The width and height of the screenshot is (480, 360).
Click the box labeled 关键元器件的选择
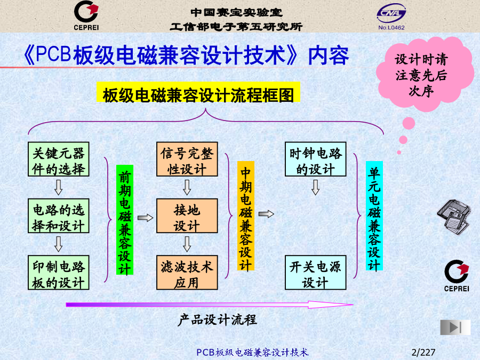click(59, 159)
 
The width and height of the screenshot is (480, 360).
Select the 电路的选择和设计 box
click(59, 216)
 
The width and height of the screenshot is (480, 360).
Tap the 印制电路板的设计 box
click(59, 273)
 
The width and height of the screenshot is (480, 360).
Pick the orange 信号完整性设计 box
click(187, 159)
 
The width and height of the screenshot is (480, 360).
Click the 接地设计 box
click(187, 216)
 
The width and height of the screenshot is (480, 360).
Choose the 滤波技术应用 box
click(187, 273)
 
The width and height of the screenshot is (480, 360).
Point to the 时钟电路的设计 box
click(316, 159)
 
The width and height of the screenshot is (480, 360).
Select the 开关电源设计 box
click(316, 273)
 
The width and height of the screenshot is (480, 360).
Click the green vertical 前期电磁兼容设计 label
click(125, 220)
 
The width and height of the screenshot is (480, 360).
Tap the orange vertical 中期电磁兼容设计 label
click(245, 216)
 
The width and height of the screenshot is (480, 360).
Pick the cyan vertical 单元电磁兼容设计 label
click(374, 216)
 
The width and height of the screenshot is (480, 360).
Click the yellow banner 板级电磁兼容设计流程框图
click(198, 92)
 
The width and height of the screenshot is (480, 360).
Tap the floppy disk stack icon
click(454, 217)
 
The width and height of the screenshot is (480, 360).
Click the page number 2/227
click(423, 353)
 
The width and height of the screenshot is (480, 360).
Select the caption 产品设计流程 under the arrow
click(218, 320)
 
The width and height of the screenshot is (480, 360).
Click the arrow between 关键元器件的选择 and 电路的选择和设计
click(59, 187)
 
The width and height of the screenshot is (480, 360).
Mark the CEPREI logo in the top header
click(86, 15)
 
